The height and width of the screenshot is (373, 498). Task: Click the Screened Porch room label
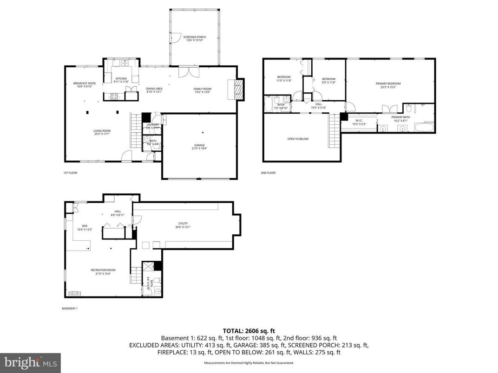tap(194, 39)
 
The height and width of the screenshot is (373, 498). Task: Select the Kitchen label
tap(121, 80)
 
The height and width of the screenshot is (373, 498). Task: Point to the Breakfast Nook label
tap(84, 84)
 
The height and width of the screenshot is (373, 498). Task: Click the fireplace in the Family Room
tap(238, 89)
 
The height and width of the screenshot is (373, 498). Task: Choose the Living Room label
tap(102, 132)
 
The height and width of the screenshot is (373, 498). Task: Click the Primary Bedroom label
tap(388, 85)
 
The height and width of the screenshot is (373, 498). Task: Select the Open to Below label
tap(298, 139)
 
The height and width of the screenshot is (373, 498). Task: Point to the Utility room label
tap(183, 225)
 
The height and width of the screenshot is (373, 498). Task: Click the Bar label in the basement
tap(85, 227)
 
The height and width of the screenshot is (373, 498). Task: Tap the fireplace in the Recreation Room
tap(75, 293)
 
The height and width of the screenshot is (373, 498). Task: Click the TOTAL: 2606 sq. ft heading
tap(249, 330)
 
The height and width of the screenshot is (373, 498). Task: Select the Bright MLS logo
tap(30, 361)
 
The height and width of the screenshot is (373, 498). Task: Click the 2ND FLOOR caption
tap(268, 173)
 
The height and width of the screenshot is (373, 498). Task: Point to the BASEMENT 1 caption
tap(70, 309)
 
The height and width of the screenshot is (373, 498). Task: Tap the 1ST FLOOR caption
tap(70, 173)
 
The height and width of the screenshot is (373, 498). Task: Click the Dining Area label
tap(154, 90)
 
